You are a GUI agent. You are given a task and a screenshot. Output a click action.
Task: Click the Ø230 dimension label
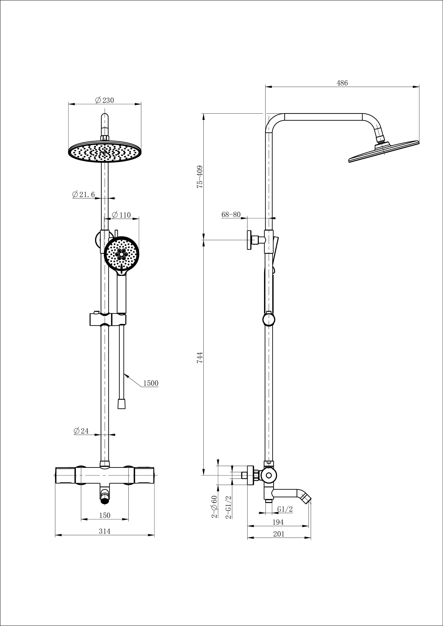104,100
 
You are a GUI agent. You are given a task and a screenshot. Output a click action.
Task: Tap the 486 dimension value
342,83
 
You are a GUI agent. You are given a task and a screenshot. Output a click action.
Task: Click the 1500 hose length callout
151,383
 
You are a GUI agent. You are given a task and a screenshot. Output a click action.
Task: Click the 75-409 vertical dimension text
200,176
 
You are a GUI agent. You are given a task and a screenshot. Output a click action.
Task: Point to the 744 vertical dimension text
200,357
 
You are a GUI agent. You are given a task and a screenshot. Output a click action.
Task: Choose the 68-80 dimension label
231,214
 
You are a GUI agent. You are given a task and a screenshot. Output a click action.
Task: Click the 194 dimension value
278,522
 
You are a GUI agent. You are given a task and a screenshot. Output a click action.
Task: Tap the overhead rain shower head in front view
104,151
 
